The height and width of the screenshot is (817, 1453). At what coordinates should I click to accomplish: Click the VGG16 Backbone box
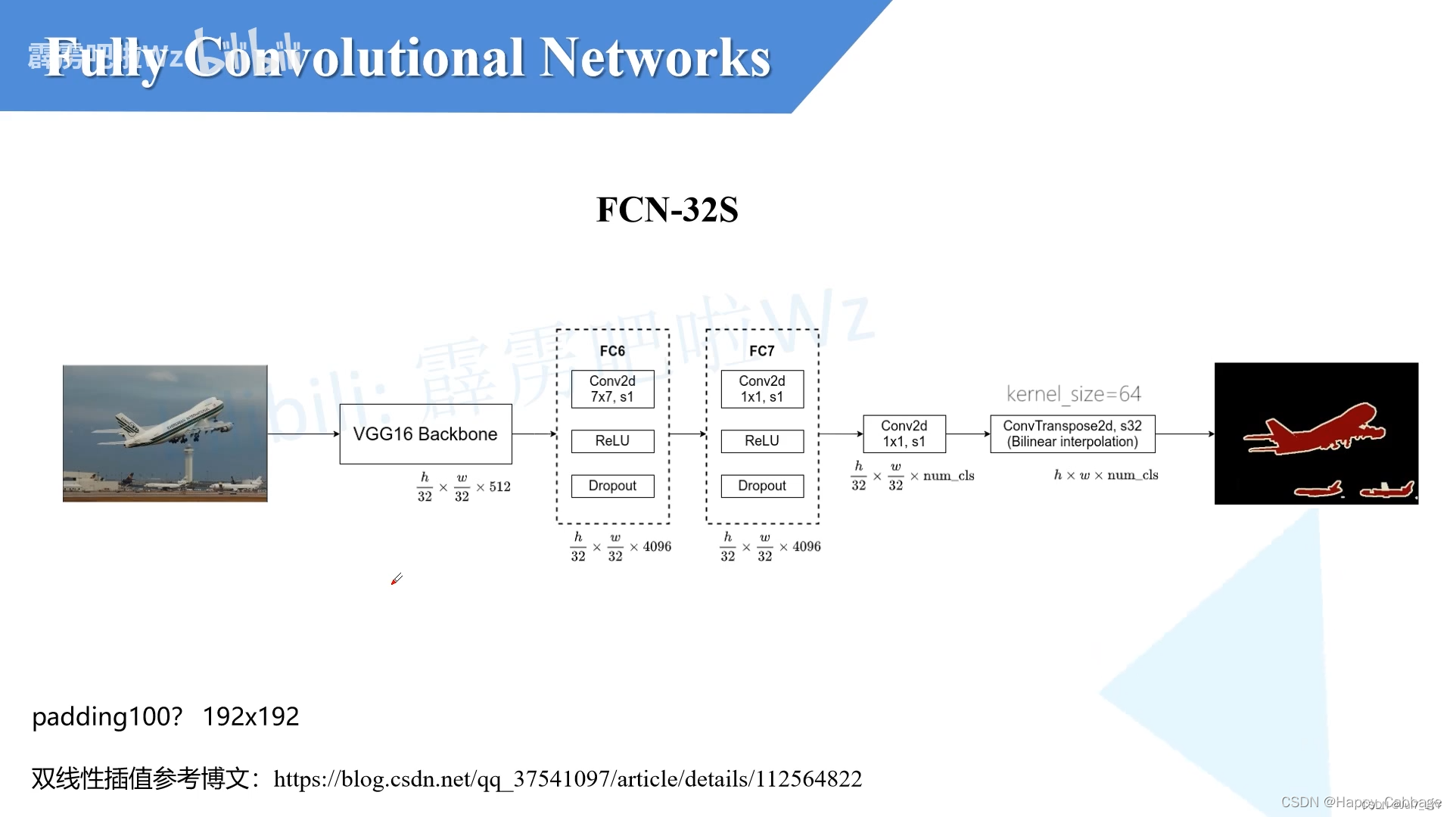425,434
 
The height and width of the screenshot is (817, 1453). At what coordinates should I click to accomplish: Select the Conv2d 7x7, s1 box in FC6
612,389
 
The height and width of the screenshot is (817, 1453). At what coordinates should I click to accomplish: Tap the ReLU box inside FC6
612,441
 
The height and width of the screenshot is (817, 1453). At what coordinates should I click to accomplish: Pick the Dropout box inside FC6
612,486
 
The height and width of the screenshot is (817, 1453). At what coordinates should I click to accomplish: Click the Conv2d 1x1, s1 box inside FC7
762,389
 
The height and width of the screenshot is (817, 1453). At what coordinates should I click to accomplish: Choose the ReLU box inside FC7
762,441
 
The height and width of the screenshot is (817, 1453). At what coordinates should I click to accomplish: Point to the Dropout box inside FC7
762,486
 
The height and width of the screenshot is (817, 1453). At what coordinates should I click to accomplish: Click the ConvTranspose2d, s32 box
1072,434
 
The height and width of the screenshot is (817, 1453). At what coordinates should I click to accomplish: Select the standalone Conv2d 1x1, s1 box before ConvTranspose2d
904,434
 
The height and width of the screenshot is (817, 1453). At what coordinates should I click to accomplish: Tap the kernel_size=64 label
1073,394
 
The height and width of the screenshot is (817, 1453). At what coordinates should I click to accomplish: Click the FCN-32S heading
667,210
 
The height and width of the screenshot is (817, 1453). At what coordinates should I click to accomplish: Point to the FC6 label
612,351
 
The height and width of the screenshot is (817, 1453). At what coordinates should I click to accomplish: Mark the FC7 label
762,351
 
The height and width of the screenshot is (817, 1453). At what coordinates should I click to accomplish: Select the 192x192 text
250,716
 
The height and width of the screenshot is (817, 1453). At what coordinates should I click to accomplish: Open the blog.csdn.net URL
568,779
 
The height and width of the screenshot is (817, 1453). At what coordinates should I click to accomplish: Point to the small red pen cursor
397,579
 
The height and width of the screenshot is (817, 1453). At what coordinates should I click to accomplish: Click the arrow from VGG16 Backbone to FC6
534,434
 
